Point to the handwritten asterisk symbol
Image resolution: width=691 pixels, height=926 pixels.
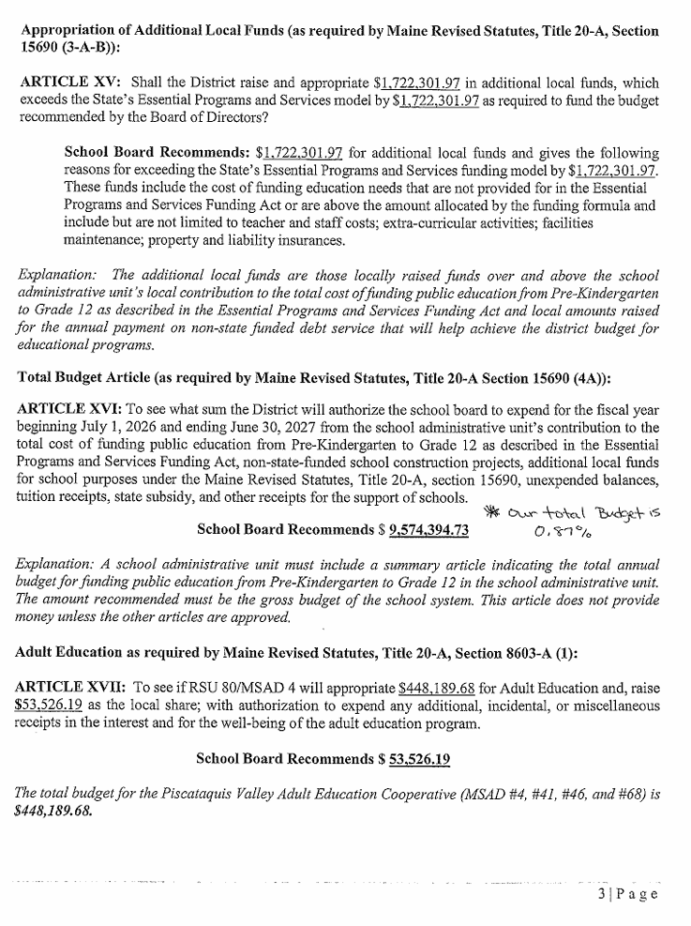click(490, 511)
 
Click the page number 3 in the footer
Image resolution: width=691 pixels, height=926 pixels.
click(603, 893)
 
